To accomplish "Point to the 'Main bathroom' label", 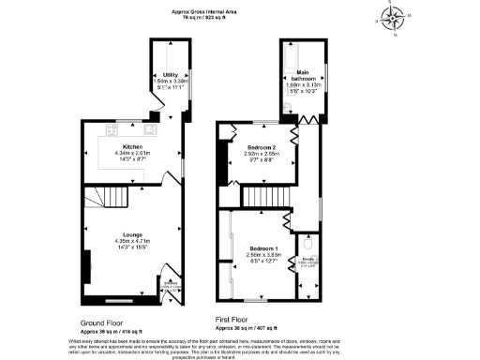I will click(x=303, y=74).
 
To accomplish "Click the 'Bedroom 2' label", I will click(x=262, y=148).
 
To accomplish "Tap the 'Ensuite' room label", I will click(x=307, y=260).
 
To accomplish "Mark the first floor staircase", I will click(x=266, y=197).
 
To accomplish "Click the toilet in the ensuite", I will click(x=317, y=247).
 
